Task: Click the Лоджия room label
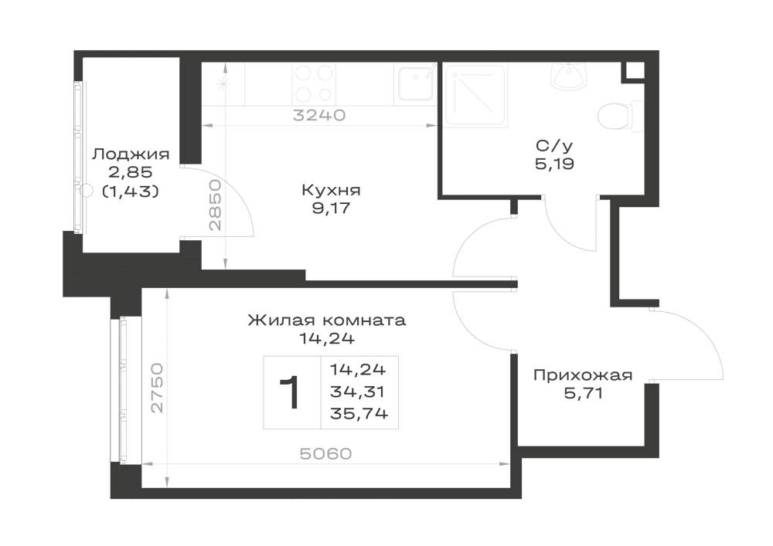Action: (x=131, y=155)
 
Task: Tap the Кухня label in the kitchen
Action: (x=331, y=190)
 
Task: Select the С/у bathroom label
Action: (x=554, y=146)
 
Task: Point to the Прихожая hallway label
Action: (x=583, y=375)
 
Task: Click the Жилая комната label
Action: (x=326, y=320)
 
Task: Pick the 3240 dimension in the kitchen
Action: (x=319, y=115)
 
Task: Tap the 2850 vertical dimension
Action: (x=216, y=205)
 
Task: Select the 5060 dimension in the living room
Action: (x=326, y=453)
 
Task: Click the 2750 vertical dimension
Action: (x=157, y=388)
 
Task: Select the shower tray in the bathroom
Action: (x=475, y=97)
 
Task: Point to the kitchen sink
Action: (x=415, y=83)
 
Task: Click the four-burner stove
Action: (x=314, y=83)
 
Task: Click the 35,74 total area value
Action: (x=359, y=414)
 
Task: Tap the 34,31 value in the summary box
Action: (x=358, y=392)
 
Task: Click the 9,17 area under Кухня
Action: (x=331, y=209)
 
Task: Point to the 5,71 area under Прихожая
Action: (x=583, y=394)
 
